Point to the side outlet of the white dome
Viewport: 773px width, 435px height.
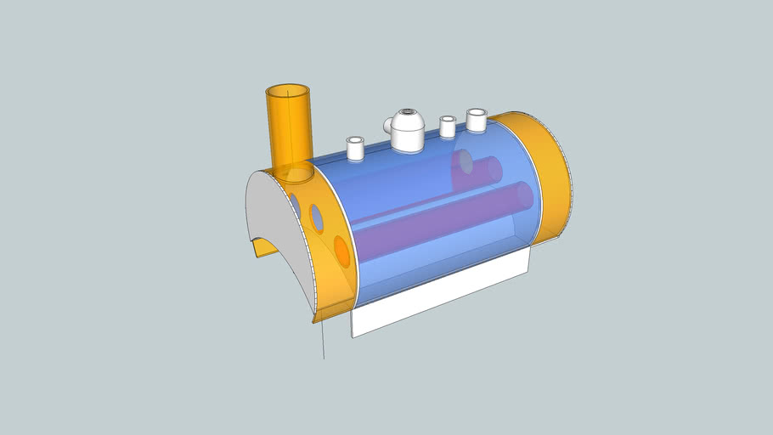pos(387,127)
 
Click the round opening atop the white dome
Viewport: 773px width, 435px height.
pos(409,113)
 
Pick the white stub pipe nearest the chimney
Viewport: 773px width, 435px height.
pos(355,148)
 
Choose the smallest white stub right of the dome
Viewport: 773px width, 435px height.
pos(448,127)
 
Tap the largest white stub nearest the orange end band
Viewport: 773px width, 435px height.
pos(476,120)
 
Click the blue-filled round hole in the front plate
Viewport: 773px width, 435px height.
pos(316,218)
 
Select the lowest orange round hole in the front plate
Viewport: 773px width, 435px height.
pos(341,251)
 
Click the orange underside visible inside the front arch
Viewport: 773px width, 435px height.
pos(265,247)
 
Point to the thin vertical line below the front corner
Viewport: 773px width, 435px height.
pos(323,340)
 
